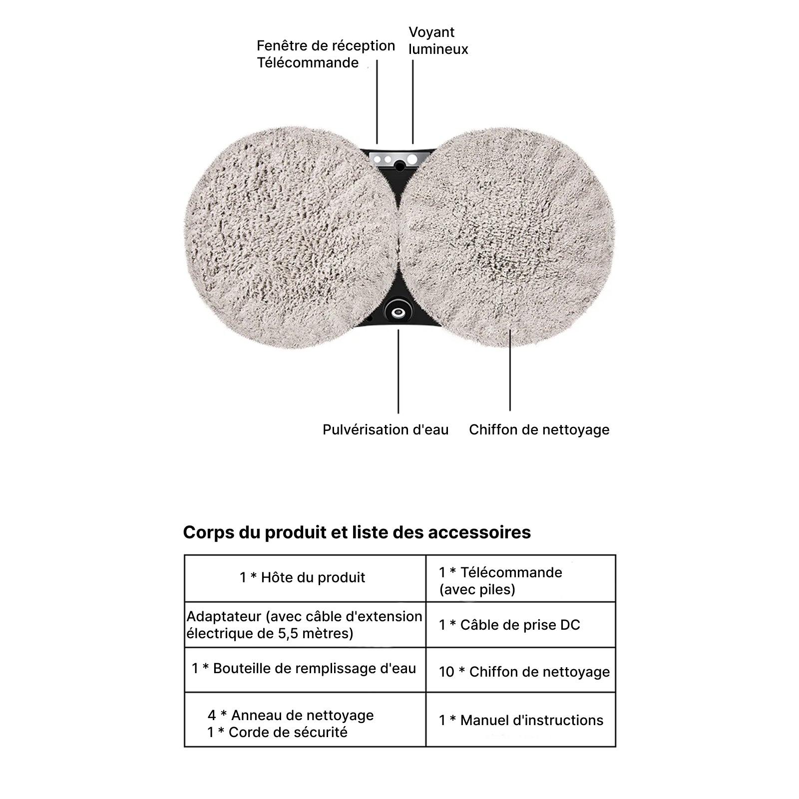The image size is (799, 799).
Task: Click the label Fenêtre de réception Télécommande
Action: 326,54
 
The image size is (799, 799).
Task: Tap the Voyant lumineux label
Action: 438,41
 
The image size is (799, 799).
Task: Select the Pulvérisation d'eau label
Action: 386,429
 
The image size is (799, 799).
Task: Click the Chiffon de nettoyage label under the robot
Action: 539,429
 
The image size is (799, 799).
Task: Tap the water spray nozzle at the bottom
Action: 398,313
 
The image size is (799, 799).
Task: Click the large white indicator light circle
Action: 412,159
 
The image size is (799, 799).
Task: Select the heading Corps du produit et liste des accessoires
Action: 357,532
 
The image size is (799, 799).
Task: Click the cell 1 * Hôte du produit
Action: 302,578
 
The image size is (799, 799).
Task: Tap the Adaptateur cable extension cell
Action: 304,625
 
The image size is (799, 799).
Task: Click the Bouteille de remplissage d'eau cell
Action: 304,669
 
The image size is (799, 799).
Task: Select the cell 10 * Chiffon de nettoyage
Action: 524,672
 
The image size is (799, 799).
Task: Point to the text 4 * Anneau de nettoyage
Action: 291,715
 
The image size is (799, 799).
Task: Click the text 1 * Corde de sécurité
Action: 277,732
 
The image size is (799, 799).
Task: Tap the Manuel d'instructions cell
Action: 521,720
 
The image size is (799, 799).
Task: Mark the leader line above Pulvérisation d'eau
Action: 398,372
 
